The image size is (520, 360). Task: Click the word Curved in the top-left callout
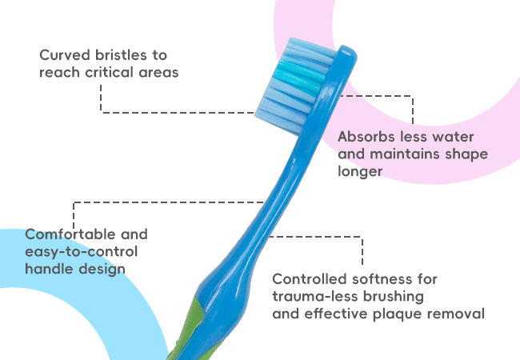pos(65,55)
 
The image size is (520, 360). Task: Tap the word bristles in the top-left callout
pos(121,55)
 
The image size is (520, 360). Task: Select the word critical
pos(110,72)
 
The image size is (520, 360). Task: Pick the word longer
pos(360,171)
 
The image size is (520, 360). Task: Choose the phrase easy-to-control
pos(82,252)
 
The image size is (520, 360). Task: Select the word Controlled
pos(310,279)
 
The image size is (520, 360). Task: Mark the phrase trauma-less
pos(315,296)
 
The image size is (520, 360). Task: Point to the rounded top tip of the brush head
pos(347,50)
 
